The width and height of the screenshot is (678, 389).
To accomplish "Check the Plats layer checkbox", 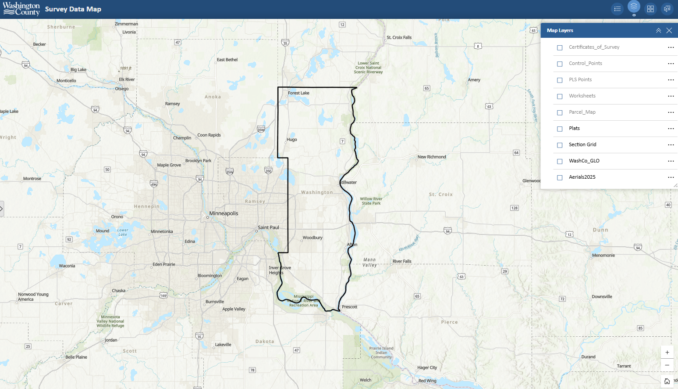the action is click(x=560, y=129).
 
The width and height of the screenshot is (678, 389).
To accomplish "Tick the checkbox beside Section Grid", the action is click(x=560, y=145).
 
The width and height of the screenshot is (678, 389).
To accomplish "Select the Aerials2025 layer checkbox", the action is click(x=560, y=177).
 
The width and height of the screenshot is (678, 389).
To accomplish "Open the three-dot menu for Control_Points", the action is click(x=671, y=64).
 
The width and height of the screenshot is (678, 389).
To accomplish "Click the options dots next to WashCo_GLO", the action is click(x=671, y=161).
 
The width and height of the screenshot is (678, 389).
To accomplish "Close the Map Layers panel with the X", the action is click(x=669, y=30).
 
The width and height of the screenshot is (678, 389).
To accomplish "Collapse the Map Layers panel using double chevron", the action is click(x=658, y=30).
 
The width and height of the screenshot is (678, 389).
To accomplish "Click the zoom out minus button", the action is click(x=667, y=365).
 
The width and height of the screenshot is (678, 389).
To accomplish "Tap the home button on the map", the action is click(x=667, y=381).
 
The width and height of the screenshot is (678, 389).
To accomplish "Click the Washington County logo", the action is click(x=21, y=9).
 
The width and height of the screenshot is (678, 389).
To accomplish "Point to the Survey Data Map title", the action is click(x=73, y=9).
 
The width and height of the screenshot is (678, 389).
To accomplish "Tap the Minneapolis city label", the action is click(x=224, y=213).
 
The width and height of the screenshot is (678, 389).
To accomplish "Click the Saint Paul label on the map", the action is click(x=268, y=227).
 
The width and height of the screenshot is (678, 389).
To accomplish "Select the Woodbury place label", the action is click(x=312, y=238).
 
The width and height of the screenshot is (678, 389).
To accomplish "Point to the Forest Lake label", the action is click(x=298, y=93).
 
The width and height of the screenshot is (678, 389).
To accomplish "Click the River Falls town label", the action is click(x=402, y=261).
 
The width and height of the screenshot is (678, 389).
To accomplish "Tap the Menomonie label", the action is click(x=603, y=256).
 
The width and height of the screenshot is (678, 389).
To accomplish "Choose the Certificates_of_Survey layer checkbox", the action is click(x=560, y=47).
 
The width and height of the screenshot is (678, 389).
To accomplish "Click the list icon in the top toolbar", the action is click(x=617, y=9).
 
